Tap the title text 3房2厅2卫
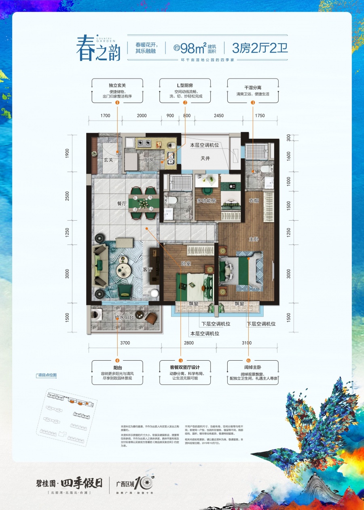260,49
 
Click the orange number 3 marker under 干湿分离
253,103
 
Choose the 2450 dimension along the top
218,116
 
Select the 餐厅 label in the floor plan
122,205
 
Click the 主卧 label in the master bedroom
254,239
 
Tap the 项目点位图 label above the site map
46,375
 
